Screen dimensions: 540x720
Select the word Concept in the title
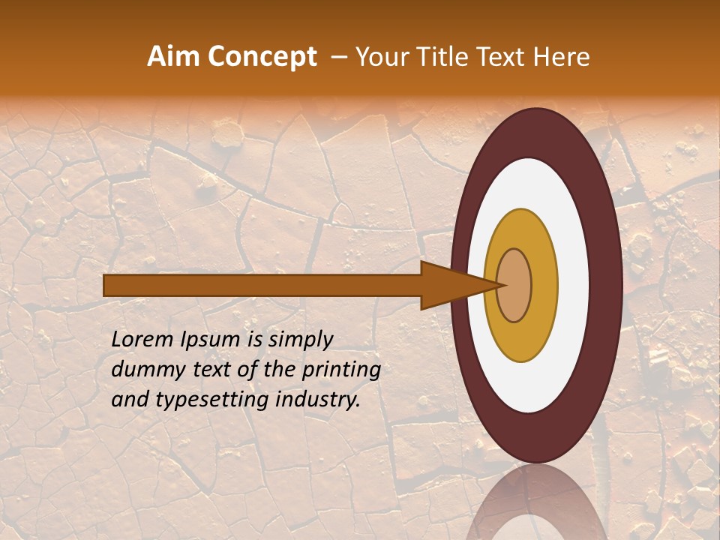[x=260, y=57]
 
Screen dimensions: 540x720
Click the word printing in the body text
[x=341, y=370]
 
